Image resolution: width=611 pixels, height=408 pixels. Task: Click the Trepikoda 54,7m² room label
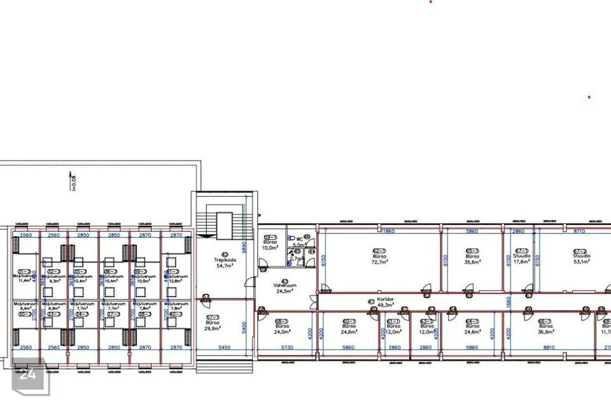coord(223,261)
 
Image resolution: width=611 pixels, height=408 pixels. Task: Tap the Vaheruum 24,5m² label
coord(282,288)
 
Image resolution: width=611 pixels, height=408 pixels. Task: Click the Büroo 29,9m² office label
coord(212,324)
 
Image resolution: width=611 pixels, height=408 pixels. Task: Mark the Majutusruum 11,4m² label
coord(25,277)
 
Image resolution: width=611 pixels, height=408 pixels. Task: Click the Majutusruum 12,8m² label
coord(176,277)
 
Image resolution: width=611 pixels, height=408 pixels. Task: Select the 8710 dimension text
coord(579,231)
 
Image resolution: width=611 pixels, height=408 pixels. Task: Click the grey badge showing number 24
coord(27,375)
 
